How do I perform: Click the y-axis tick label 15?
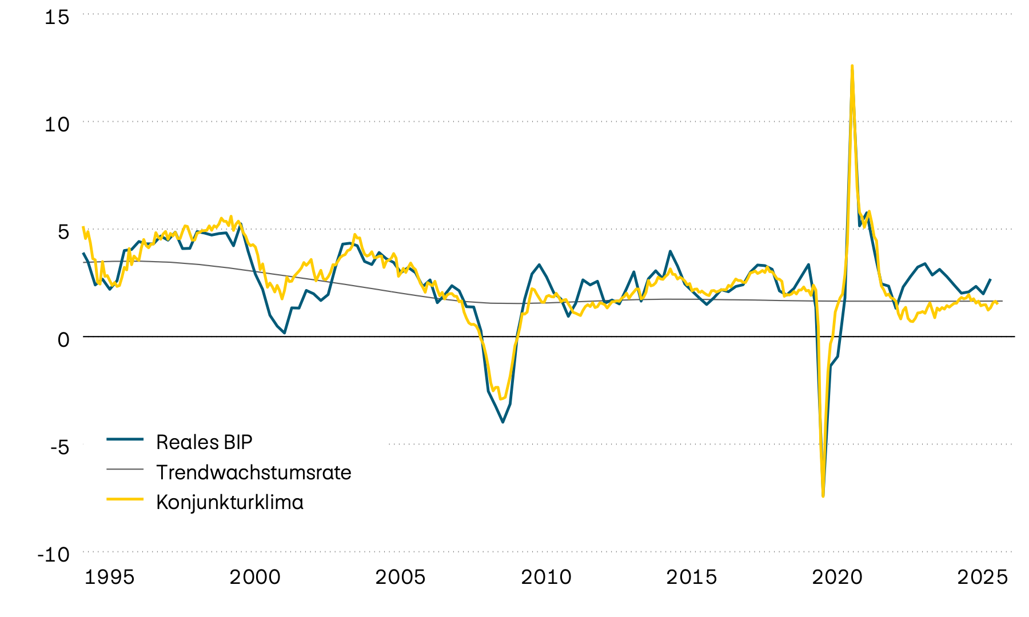[x=57, y=17]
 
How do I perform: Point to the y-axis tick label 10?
[x=57, y=125]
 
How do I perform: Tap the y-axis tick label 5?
[x=63, y=232]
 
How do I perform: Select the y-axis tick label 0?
[x=63, y=339]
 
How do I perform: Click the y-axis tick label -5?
[x=59, y=447]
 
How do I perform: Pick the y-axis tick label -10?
[x=53, y=554]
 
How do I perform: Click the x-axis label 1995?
[x=109, y=577]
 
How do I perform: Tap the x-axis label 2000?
[x=255, y=577]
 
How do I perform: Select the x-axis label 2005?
[x=400, y=577]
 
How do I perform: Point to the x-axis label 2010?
[x=546, y=577]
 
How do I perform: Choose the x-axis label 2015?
[x=691, y=577]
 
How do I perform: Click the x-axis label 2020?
[x=837, y=577]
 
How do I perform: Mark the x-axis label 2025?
[x=982, y=577]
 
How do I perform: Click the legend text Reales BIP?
[x=204, y=442]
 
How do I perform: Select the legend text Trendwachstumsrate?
[x=254, y=472]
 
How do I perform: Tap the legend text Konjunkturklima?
[x=230, y=502]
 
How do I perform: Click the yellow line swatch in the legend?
[x=125, y=499]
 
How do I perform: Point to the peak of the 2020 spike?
[x=852, y=66]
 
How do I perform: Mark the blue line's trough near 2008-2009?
[x=502, y=422]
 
